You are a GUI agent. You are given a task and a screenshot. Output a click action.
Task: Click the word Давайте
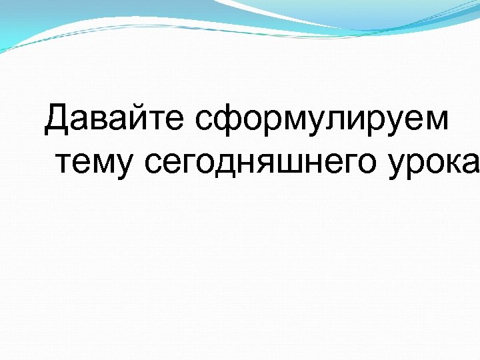[115, 120]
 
